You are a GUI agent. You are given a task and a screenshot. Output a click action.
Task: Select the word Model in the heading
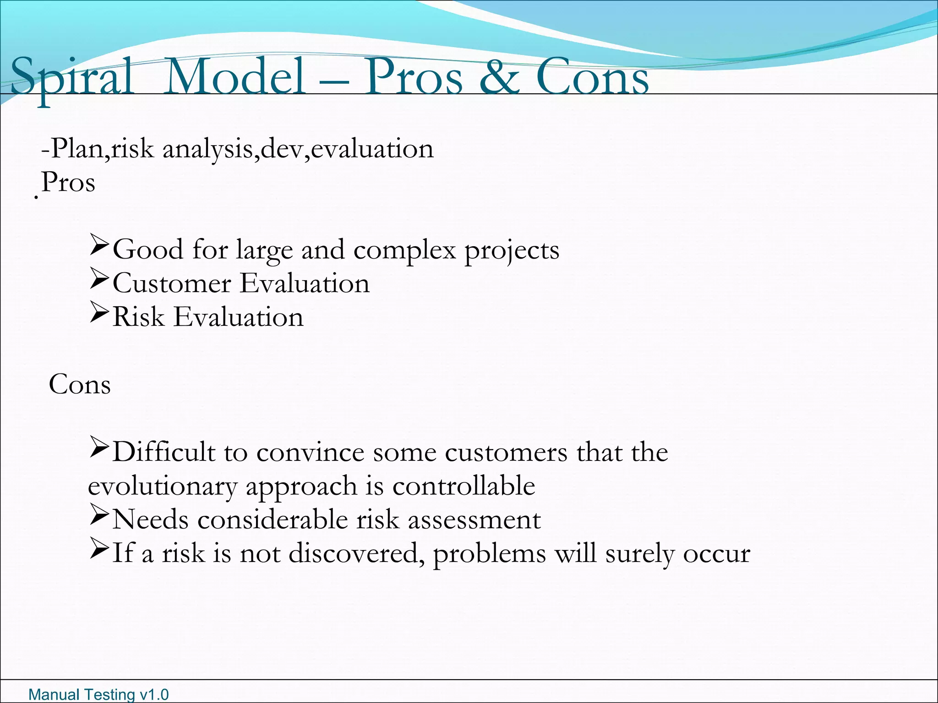234,77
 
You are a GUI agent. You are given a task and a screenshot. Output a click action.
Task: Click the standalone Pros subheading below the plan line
68,182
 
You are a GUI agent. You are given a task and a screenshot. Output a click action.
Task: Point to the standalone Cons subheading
80,384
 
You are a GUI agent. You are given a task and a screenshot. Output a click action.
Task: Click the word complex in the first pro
404,251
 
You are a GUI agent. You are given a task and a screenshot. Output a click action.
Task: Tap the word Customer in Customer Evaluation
172,283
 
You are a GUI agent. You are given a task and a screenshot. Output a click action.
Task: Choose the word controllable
464,486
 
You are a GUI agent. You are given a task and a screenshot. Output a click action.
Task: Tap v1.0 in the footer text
154,694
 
